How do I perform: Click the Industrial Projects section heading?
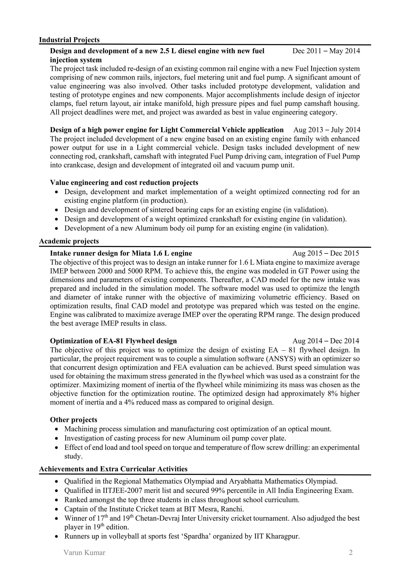pyautogui.click(x=69, y=40)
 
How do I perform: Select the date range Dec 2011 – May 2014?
pyautogui.click(x=326, y=51)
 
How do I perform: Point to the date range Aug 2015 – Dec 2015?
pyautogui.click(x=326, y=253)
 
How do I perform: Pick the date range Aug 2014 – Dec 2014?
pyautogui.click(x=326, y=341)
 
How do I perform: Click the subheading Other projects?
pyautogui.click(x=73, y=420)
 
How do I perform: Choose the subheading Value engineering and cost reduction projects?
pyautogui.click(x=124, y=182)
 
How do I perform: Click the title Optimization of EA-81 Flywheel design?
pyautogui.click(x=113, y=341)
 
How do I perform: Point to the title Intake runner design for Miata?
pyautogui.click(x=121, y=253)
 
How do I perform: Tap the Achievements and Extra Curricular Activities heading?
pyautogui.click(x=113, y=469)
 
